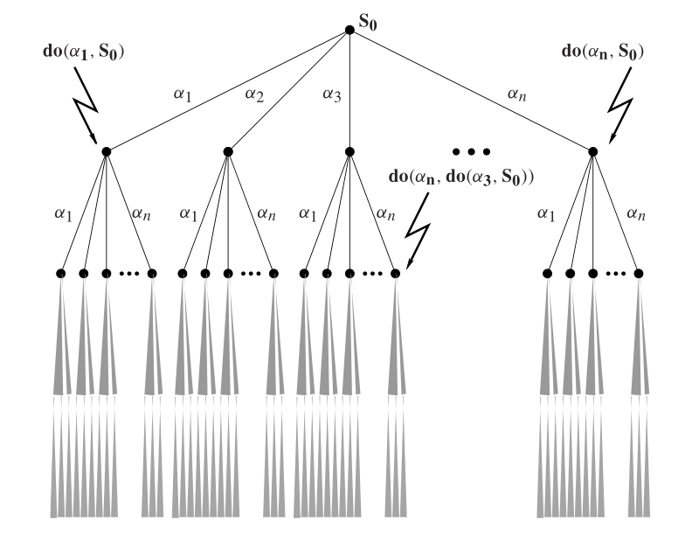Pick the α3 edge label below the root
332,94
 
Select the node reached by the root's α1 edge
105,151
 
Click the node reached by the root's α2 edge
227,151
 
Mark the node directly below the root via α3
349,151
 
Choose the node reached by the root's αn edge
592,151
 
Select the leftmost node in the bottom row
60,274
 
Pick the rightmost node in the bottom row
638,274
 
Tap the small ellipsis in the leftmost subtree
129,274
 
